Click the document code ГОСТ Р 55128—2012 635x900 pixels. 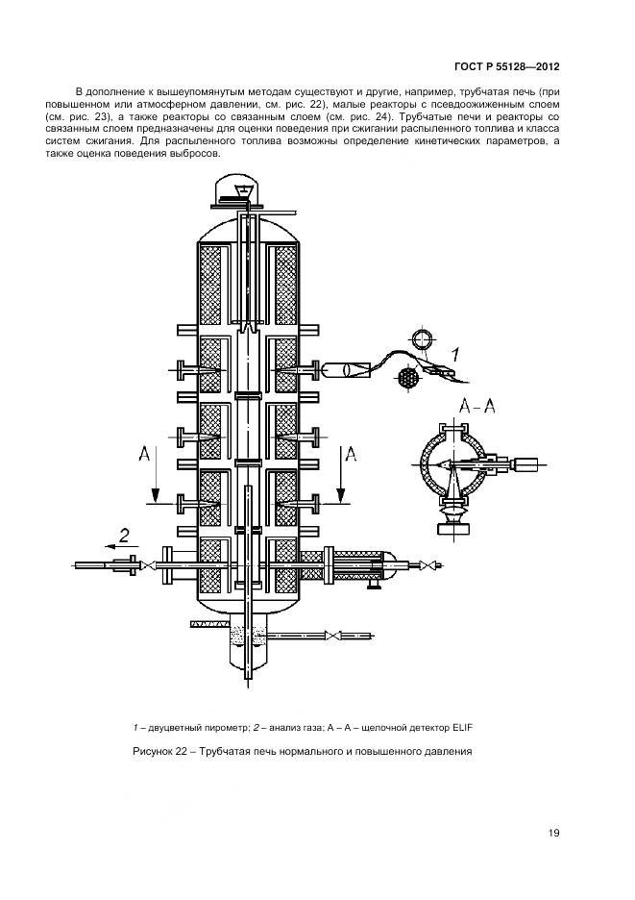click(x=505, y=68)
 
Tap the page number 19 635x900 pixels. click(x=554, y=833)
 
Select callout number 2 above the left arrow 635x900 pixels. click(x=123, y=536)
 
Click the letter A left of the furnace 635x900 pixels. click(x=143, y=453)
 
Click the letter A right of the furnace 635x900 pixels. click(x=351, y=453)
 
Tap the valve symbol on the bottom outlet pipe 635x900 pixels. click(x=332, y=636)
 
